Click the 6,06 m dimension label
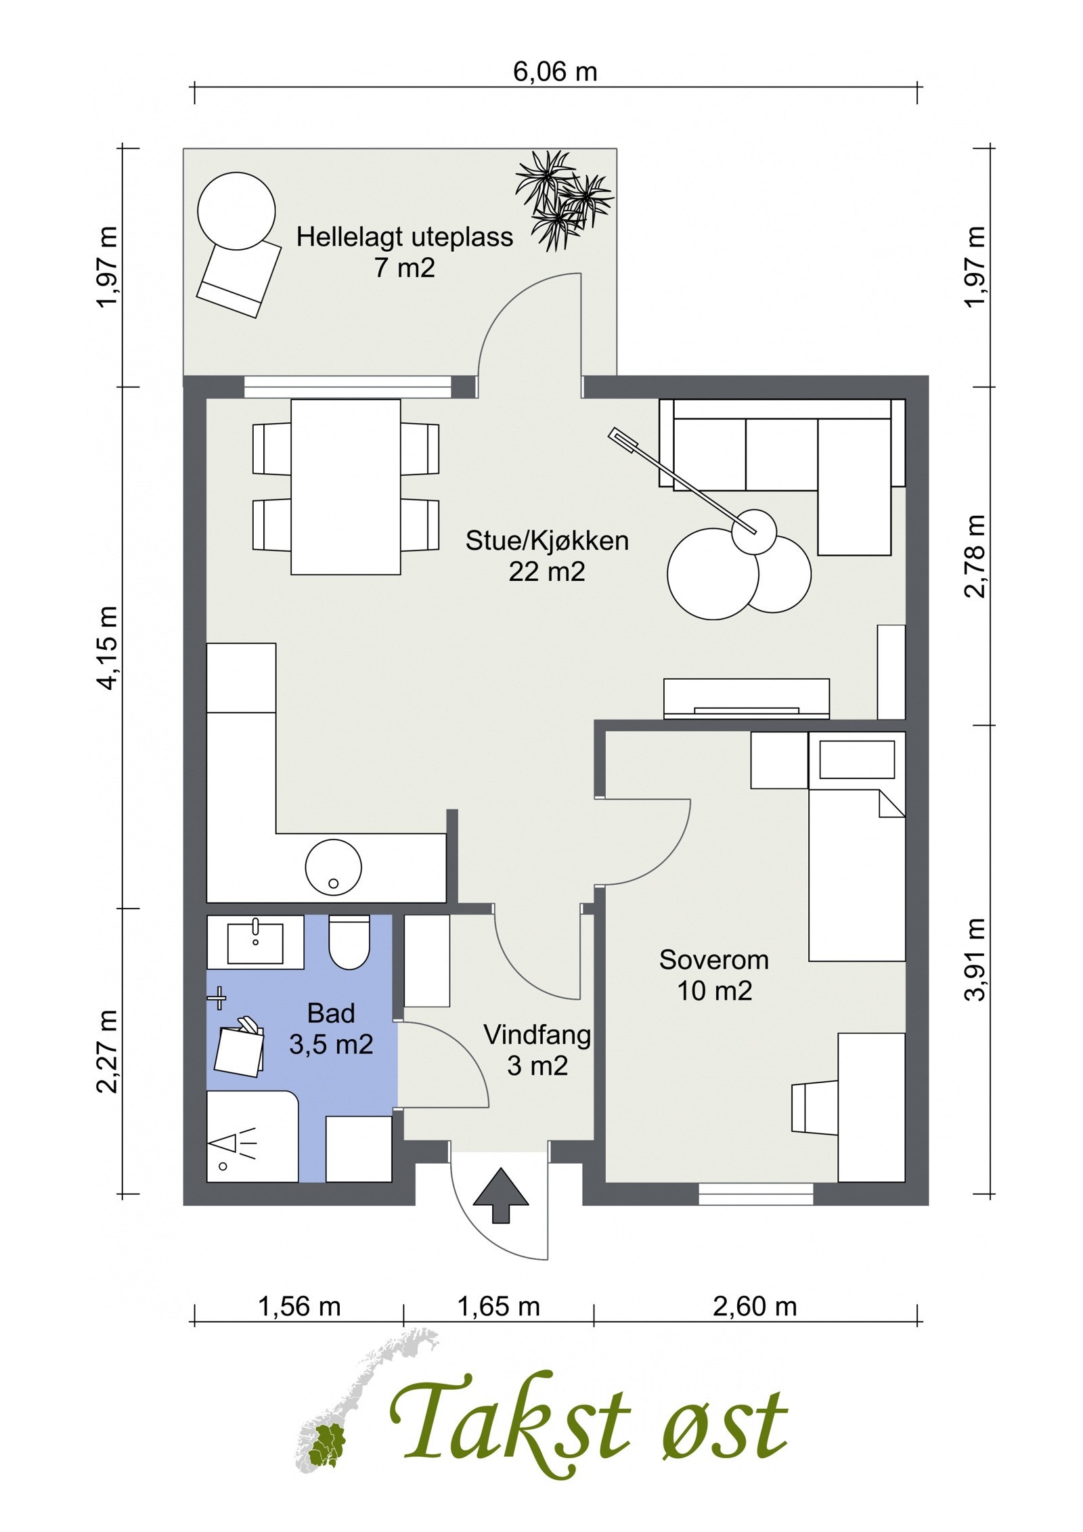click(555, 71)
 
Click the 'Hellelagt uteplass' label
click(405, 238)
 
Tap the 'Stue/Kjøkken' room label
click(547, 541)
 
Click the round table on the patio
click(236, 211)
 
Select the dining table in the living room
click(345, 487)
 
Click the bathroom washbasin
click(255, 942)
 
